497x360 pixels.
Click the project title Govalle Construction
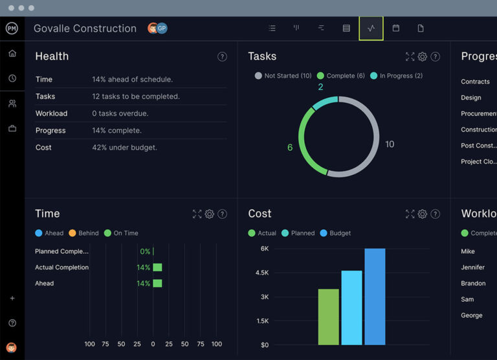click(x=85, y=28)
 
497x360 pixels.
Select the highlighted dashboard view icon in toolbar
click(x=371, y=28)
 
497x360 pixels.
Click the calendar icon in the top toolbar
click(x=396, y=28)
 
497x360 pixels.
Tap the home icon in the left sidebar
click(x=12, y=53)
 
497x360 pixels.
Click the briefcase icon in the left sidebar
click(x=12, y=128)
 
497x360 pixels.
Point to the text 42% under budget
click(x=124, y=148)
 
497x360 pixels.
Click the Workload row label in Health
click(x=51, y=113)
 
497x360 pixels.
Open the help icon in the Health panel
click(x=222, y=57)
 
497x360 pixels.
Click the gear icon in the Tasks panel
click(x=422, y=57)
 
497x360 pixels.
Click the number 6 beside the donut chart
click(x=289, y=148)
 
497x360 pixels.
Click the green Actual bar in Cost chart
click(x=328, y=317)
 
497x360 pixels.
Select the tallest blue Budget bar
click(x=375, y=297)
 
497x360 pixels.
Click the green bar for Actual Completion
click(x=157, y=267)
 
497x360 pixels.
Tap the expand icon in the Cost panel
click(x=409, y=214)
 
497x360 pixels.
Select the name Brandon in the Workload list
click(x=473, y=284)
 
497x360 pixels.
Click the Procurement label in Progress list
click(x=478, y=114)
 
